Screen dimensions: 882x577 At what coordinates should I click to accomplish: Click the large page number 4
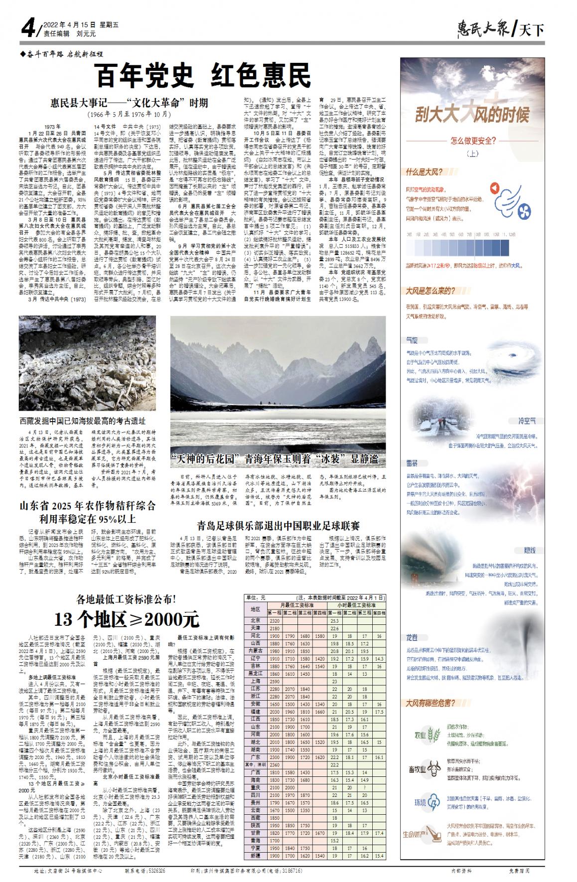(x=27, y=29)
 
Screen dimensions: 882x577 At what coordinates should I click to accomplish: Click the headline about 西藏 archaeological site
(x=82, y=421)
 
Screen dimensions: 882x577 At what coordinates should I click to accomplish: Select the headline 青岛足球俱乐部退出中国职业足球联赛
(x=278, y=526)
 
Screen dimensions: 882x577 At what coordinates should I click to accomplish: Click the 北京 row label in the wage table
(x=256, y=620)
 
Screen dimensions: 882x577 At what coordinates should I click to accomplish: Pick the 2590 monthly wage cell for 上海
(x=275, y=681)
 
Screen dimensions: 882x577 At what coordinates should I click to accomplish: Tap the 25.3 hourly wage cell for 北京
(x=335, y=620)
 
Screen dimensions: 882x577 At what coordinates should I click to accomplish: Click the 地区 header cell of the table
(x=256, y=608)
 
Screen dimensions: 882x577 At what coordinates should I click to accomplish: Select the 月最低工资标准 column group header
(x=296, y=604)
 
